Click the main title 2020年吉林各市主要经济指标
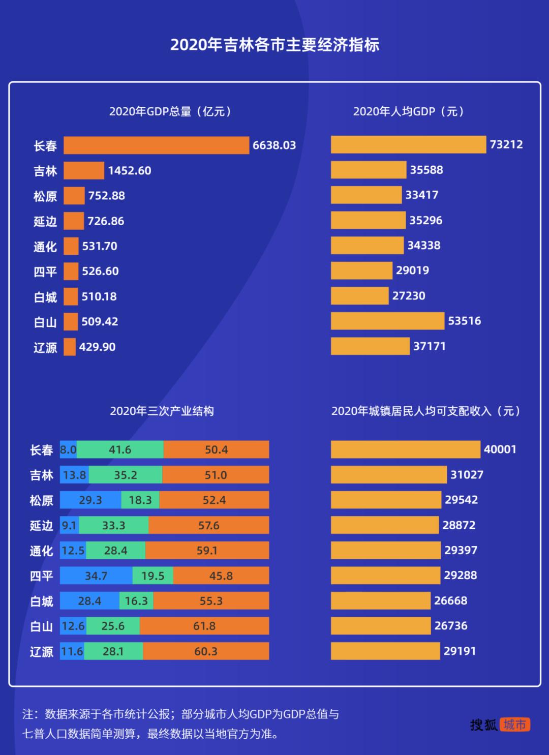[x=274, y=45]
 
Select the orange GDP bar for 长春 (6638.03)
[x=156, y=145]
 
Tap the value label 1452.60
[x=130, y=171]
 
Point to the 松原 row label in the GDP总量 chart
[x=45, y=196]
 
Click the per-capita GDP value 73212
[x=506, y=144]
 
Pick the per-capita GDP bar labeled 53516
[x=387, y=321]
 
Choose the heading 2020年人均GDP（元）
[x=409, y=111]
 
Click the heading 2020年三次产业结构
[x=162, y=411]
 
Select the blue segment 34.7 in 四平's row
[x=96, y=576]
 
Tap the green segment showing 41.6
[x=120, y=450]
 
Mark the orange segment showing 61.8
[x=204, y=626]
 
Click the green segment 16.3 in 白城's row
[x=136, y=601]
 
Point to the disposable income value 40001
[x=500, y=449]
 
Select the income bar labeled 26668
[x=380, y=600]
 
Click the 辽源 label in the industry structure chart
[x=42, y=652]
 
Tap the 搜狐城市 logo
[x=500, y=724]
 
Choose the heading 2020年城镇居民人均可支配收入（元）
[x=426, y=411]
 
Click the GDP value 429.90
[x=97, y=347]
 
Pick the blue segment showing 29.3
[x=90, y=500]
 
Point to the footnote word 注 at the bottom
[x=28, y=714]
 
